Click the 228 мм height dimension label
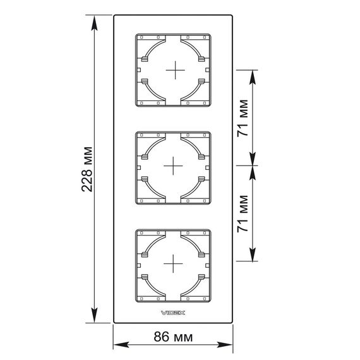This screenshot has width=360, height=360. (87, 169)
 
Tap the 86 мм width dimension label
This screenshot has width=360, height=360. (173, 337)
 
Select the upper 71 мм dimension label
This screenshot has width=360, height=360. (243, 118)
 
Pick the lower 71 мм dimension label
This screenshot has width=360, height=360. (243, 213)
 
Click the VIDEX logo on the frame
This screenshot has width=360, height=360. (173, 313)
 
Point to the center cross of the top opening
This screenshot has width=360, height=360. (176, 70)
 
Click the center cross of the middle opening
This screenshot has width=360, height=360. (173, 165)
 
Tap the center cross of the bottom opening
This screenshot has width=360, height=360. (173, 263)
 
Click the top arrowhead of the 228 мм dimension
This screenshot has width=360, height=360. (94, 23)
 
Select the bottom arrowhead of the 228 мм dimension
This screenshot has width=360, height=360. (94, 315)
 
